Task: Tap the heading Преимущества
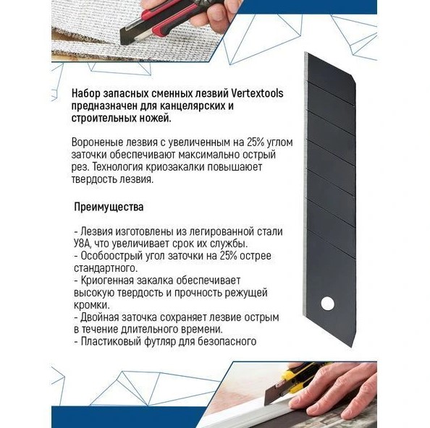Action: [x=109, y=206]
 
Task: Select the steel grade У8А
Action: [x=85, y=244]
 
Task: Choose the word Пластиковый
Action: [x=114, y=342]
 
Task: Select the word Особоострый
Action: [x=112, y=256]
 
